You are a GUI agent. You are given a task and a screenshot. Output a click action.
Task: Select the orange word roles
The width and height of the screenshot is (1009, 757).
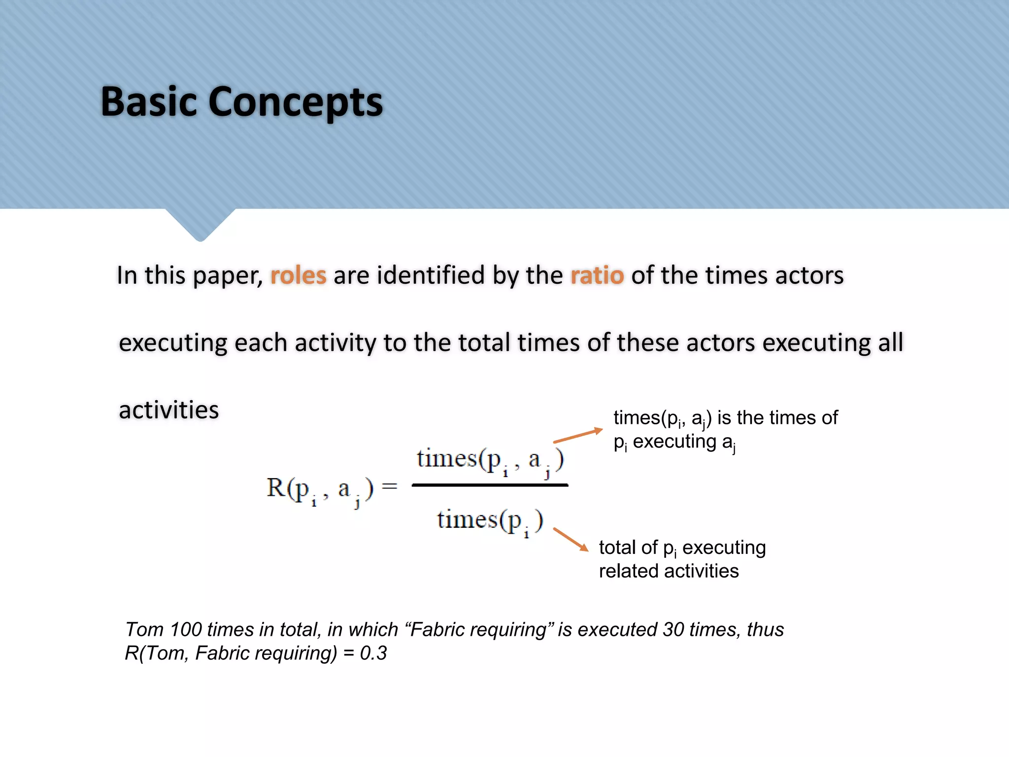click(x=298, y=275)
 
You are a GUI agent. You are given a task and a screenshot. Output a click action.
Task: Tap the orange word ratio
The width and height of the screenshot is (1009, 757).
click(x=597, y=275)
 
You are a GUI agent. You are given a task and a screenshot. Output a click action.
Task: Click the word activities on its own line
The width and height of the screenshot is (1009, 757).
click(x=168, y=410)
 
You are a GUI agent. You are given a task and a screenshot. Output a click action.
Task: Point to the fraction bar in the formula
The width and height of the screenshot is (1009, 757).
click(x=490, y=485)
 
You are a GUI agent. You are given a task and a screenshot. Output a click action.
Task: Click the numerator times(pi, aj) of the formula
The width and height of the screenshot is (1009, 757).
click(x=490, y=461)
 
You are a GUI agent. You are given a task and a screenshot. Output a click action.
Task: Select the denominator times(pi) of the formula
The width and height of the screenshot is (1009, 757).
click(x=490, y=521)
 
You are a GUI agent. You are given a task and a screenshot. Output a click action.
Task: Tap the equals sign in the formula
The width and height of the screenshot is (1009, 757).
click(x=390, y=486)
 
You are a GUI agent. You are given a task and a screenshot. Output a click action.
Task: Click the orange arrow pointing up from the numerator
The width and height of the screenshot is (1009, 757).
click(x=577, y=435)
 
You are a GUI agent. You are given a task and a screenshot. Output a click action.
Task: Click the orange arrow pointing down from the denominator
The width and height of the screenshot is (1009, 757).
click(x=571, y=539)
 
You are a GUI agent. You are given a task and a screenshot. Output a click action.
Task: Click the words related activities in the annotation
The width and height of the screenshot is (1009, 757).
click(x=669, y=571)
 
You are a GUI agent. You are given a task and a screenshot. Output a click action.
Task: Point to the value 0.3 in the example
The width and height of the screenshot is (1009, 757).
click(x=373, y=653)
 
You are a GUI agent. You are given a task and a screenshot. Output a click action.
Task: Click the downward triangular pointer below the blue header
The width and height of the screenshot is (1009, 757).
click(x=200, y=224)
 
